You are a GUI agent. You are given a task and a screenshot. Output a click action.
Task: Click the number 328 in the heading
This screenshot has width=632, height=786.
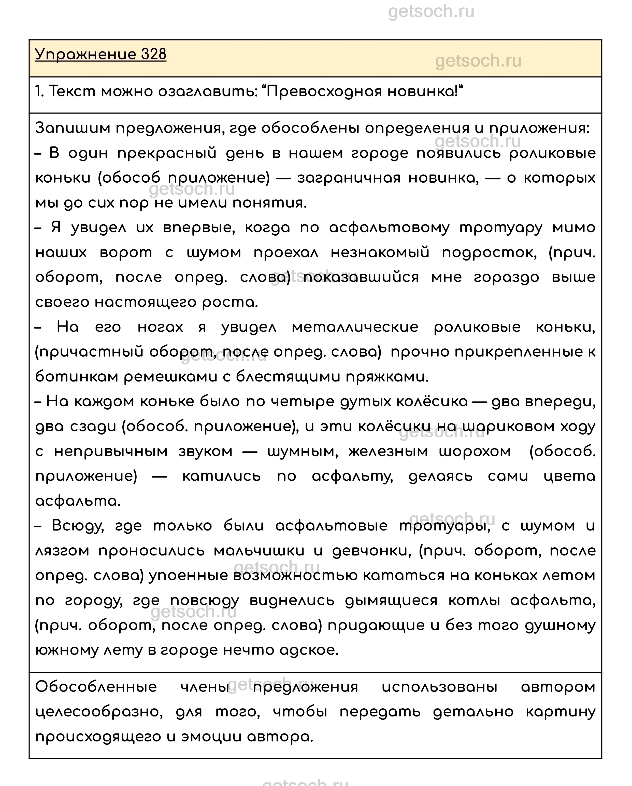click(153, 55)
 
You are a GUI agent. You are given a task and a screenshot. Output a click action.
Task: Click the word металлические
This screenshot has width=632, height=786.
click(355, 327)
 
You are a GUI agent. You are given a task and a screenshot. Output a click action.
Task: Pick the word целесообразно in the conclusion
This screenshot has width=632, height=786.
click(99, 712)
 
